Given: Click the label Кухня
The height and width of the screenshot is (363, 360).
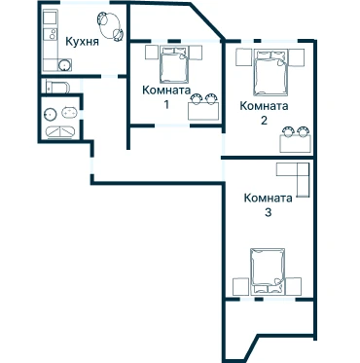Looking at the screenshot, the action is (82, 42).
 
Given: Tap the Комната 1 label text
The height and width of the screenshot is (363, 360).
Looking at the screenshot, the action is (166, 97).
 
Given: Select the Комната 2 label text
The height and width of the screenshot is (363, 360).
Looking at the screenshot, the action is (264, 113).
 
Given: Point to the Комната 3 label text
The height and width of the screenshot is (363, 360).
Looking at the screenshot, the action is (268, 204).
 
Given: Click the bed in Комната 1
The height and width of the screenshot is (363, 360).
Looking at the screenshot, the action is (174, 64).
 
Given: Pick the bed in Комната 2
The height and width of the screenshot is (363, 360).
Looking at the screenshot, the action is (270, 72).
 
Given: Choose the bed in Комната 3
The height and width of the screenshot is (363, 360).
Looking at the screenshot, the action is (268, 272).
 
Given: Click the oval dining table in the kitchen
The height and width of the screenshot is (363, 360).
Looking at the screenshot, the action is (110, 26).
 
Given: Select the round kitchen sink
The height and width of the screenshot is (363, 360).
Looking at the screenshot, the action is (64, 65).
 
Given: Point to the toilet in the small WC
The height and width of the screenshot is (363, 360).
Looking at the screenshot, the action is (57, 87).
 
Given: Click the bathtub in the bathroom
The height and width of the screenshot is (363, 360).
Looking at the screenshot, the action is (60, 132).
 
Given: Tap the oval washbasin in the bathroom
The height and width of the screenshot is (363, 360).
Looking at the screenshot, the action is (69, 113).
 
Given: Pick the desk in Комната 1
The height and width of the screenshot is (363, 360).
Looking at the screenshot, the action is (203, 111).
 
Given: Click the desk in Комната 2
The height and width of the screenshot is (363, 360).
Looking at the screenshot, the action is (296, 143).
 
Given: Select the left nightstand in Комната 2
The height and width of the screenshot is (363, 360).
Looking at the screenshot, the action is (244, 57).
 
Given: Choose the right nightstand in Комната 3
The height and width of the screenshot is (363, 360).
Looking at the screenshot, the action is (294, 287).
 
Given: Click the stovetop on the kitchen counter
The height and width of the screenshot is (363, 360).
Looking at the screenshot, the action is (51, 34).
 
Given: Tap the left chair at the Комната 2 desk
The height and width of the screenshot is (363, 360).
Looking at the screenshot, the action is (288, 131).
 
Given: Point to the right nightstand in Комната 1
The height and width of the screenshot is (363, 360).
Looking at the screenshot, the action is (196, 53).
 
